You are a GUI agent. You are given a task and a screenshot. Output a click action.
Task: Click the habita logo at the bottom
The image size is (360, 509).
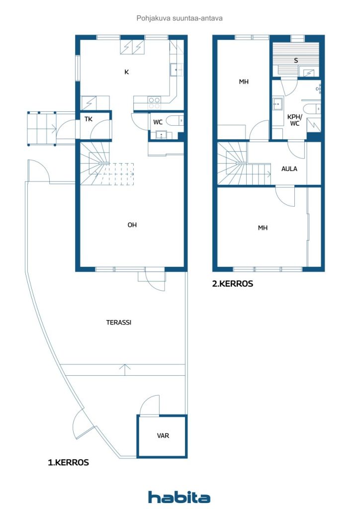click(x=179, y=497)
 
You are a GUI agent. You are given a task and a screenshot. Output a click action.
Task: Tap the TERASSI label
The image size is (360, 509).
click(x=119, y=322)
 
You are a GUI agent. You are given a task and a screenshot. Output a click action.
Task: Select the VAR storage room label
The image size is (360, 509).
click(x=163, y=435)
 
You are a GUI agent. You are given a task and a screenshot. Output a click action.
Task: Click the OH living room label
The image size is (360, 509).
click(x=132, y=225)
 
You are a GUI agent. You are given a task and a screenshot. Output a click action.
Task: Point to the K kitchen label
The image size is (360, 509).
click(x=127, y=72)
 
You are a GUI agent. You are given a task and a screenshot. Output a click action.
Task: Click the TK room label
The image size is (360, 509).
click(x=89, y=119)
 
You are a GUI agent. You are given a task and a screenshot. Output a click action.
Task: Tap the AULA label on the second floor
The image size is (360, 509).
click(x=289, y=169)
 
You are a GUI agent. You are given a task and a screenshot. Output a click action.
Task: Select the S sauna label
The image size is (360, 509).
click(x=296, y=60)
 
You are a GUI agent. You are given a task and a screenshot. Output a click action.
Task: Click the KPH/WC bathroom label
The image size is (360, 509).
click(x=294, y=120)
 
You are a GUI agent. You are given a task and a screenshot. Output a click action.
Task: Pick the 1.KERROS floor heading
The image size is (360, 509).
click(x=69, y=462)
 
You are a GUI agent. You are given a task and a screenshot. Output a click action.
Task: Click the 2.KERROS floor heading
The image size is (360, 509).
click(x=232, y=284)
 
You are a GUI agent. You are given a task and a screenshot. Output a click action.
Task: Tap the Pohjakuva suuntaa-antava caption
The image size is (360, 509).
click(x=180, y=18)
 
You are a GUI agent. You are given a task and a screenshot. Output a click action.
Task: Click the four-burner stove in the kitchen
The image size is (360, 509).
click(x=154, y=103)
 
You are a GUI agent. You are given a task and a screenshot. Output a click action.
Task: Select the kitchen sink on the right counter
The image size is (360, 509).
click(x=177, y=70)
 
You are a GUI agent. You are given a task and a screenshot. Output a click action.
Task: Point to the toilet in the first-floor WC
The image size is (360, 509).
click(x=175, y=121)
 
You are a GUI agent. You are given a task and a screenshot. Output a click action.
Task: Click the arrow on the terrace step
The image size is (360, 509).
click(x=125, y=370)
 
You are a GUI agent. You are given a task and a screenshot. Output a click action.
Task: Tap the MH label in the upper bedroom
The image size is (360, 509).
click(x=244, y=82)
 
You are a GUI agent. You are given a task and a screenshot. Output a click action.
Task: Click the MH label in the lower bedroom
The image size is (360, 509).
click(x=263, y=228)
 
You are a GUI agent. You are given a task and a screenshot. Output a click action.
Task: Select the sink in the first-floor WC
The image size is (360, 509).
click(x=161, y=135)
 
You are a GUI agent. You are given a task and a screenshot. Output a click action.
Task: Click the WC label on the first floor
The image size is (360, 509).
click(x=158, y=122)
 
